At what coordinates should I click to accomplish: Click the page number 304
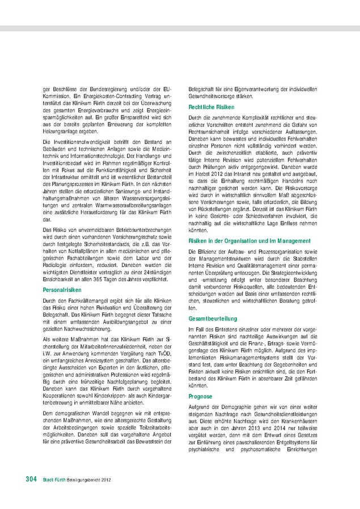click(x=31, y=479)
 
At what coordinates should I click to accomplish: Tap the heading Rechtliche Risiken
click(x=211, y=107)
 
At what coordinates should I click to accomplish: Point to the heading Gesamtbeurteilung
click(x=213, y=319)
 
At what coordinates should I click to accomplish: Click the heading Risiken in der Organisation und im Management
click(x=249, y=241)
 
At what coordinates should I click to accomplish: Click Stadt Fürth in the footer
click(x=55, y=480)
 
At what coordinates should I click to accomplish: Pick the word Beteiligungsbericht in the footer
click(x=83, y=480)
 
